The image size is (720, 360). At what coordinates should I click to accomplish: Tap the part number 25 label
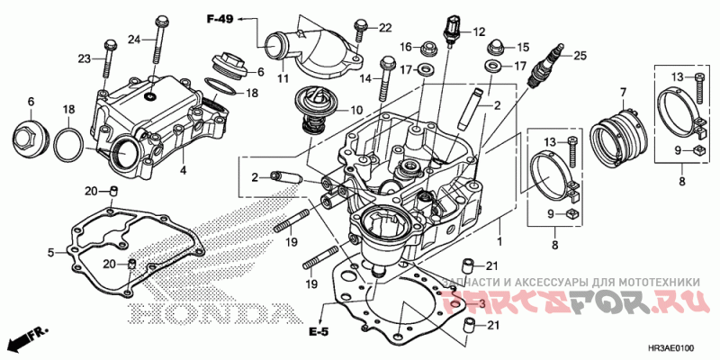[580, 55]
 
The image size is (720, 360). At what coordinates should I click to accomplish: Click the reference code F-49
[220, 19]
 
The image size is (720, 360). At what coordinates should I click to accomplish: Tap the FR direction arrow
[27, 340]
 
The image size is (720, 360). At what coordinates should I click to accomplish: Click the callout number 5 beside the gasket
[51, 252]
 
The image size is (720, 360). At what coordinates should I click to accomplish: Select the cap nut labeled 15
[494, 45]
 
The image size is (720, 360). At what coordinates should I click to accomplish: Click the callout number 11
[283, 78]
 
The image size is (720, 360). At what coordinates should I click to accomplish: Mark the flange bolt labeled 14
[389, 76]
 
